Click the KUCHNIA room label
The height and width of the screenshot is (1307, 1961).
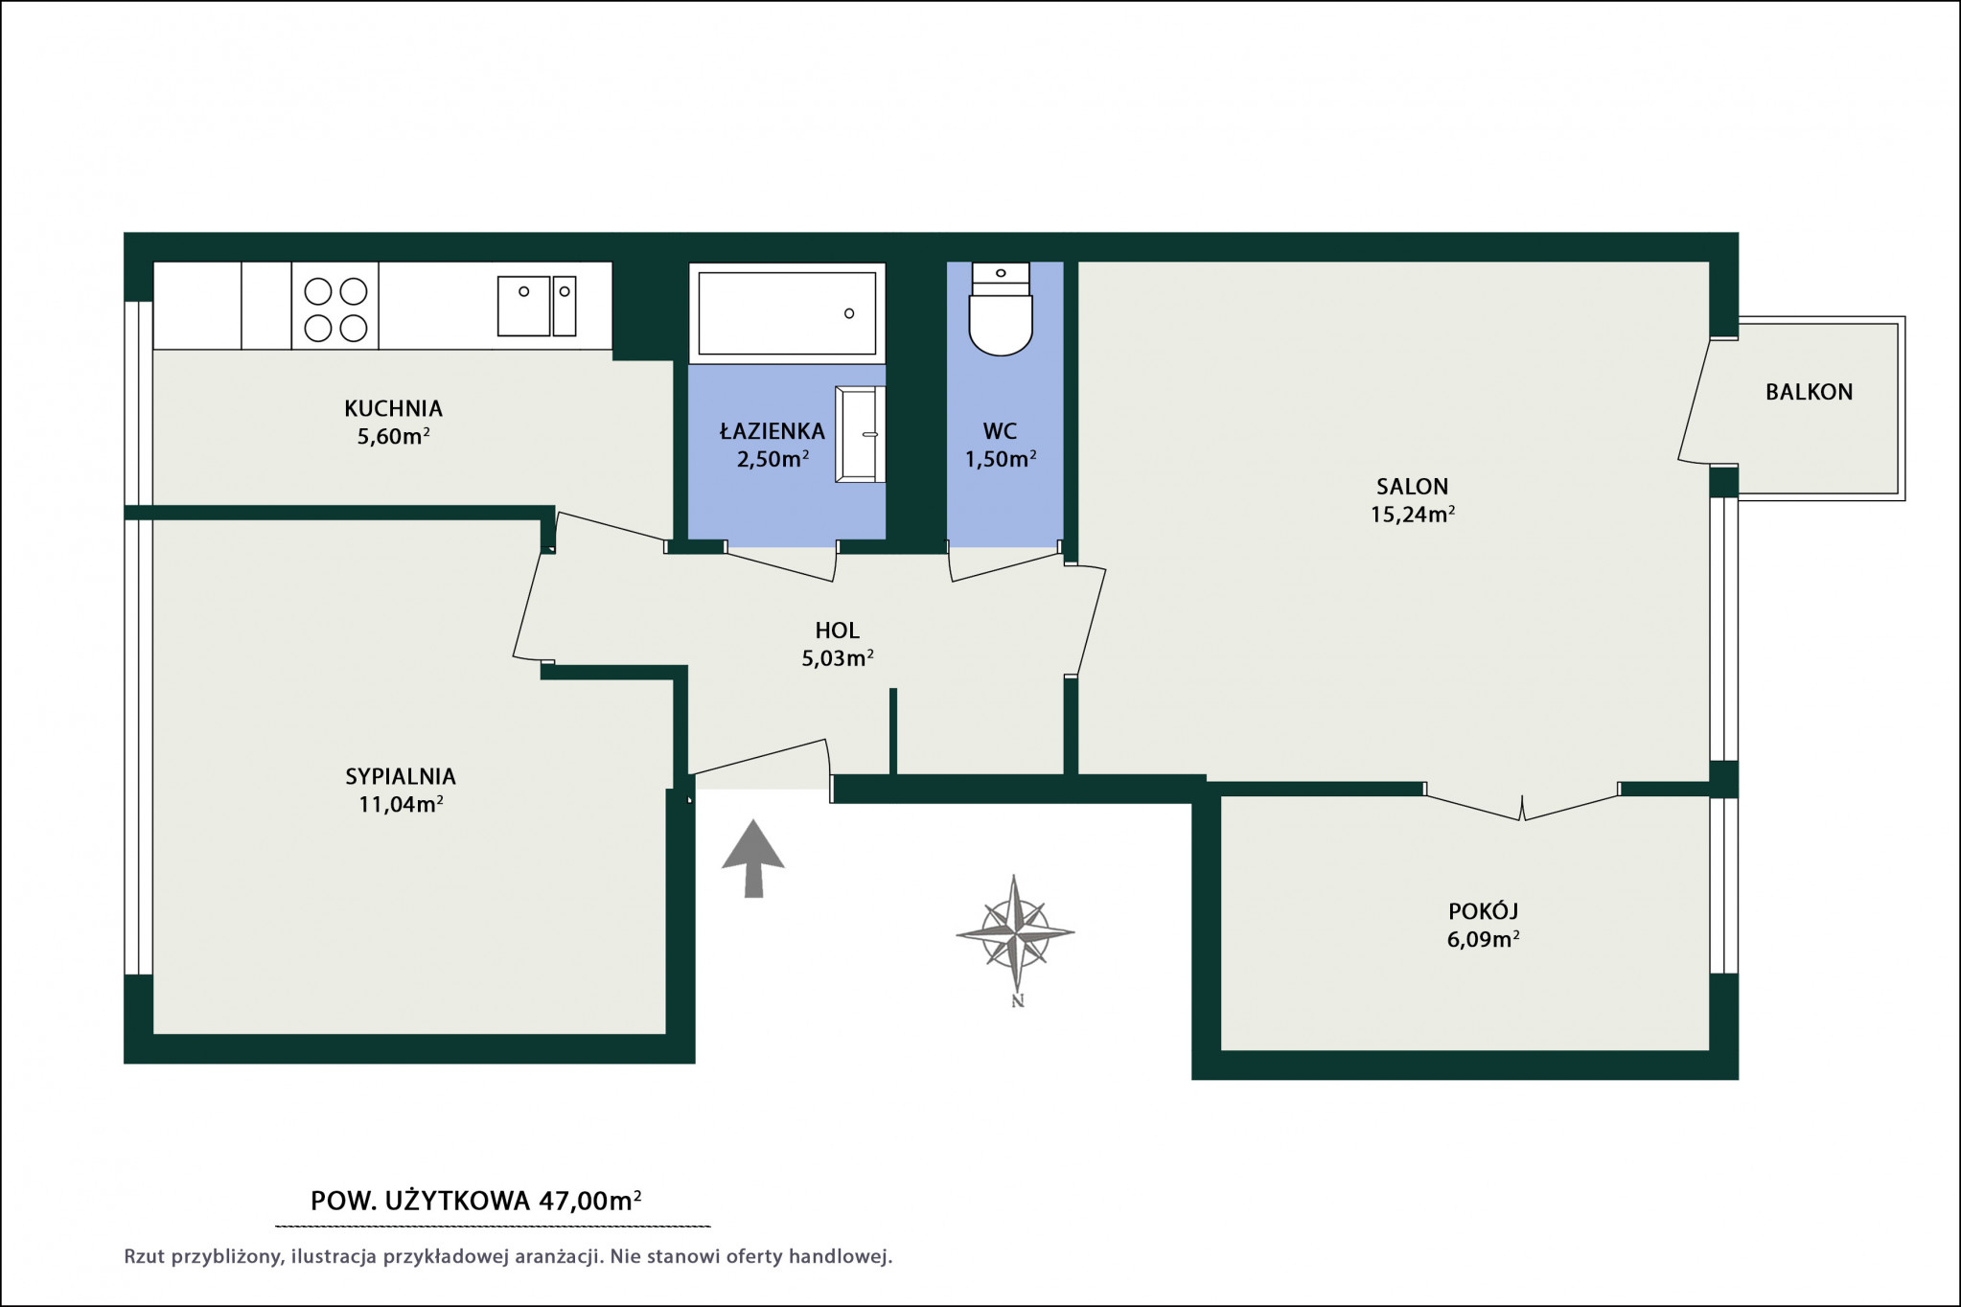point(393,408)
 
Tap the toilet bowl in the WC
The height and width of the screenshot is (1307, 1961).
point(1001,324)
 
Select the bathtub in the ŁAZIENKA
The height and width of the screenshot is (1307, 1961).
point(787,313)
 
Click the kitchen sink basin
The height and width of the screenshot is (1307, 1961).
point(523,306)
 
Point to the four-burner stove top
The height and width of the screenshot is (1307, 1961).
point(335,306)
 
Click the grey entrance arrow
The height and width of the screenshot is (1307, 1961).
point(753,858)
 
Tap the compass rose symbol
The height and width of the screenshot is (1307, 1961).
point(1015,932)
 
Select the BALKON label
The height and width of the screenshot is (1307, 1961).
point(1809,392)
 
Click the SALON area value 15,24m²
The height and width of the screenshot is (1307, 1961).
point(1413,515)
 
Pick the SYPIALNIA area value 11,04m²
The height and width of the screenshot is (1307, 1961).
point(401,804)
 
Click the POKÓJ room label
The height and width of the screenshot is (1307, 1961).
point(1483,910)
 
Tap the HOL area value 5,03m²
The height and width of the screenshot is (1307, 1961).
point(838,658)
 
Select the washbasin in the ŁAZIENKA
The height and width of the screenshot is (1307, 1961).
point(860,434)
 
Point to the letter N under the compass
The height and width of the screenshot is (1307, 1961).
point(1018,1001)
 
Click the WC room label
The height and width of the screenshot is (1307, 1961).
point(1000,431)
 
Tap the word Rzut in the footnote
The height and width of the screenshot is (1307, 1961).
point(145,1256)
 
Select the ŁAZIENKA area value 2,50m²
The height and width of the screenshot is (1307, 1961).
point(773,459)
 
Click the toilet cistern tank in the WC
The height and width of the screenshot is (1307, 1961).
point(1001,278)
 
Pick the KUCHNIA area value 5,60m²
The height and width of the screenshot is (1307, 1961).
point(393,437)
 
